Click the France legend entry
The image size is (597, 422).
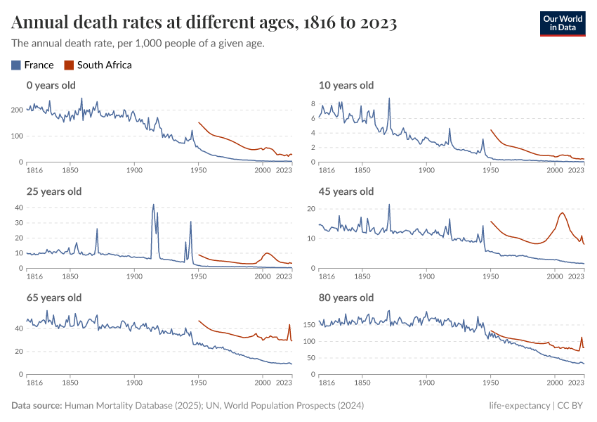[33, 65]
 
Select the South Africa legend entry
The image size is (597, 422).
[98, 65]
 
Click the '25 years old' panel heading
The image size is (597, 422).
[54, 191]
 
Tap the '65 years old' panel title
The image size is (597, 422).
[54, 298]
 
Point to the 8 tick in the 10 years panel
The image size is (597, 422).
[315, 103]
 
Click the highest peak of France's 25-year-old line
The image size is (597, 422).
[153, 205]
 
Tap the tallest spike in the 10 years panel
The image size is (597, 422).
[389, 98]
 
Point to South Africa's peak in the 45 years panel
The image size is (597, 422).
[563, 212]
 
